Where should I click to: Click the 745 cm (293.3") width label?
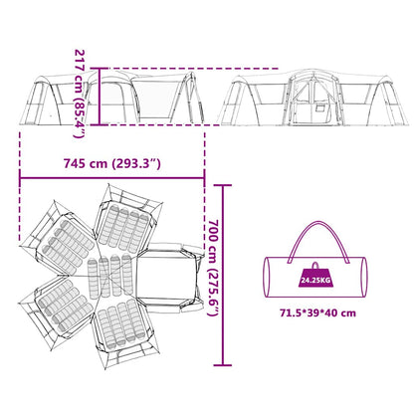112,163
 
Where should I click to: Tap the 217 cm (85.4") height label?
80,94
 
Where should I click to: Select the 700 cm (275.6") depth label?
213,268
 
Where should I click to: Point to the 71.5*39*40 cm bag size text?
317,312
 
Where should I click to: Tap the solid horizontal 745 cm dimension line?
112,178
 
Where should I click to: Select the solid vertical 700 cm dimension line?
223,275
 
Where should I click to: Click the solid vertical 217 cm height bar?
99,97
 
